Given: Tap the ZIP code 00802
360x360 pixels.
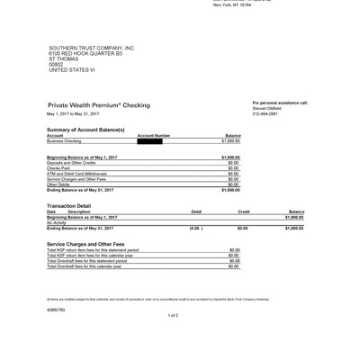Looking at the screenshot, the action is [56, 64].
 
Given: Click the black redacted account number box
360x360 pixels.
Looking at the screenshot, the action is [149, 141].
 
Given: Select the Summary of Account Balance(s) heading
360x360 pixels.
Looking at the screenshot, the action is [85, 130].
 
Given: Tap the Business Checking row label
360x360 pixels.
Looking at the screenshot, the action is [64, 141].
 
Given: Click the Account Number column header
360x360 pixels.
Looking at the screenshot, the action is [154, 136].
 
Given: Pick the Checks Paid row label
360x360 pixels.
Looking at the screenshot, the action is [58, 168].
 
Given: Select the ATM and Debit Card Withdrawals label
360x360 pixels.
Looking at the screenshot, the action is [76, 174].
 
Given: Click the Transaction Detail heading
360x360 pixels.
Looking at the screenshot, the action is [68, 205].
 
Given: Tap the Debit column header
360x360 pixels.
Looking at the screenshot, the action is [196, 211].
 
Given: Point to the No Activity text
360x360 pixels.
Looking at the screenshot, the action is [58, 222].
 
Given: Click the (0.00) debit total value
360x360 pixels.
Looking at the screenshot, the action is [196, 229].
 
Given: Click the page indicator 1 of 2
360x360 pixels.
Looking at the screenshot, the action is [173, 316].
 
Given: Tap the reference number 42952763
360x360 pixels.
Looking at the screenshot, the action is [56, 309].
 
